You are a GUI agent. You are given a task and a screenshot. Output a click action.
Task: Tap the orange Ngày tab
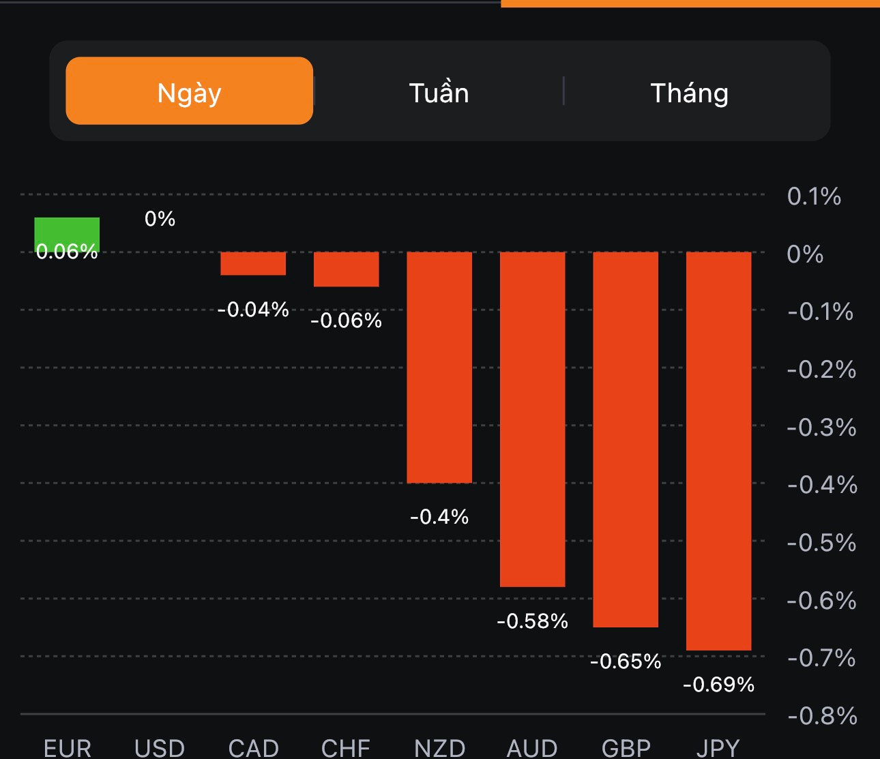(x=189, y=91)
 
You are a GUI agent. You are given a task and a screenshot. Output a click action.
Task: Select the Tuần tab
(x=439, y=93)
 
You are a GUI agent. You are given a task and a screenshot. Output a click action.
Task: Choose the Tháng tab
(x=689, y=93)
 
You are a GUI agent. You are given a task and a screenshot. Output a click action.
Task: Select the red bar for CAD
(x=253, y=264)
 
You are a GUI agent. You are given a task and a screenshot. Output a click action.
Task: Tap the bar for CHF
(x=346, y=269)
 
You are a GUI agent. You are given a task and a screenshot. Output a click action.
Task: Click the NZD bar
(x=439, y=367)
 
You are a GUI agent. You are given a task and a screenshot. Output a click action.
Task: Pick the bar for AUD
(x=532, y=419)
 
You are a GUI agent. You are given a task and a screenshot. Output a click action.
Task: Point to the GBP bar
(x=626, y=439)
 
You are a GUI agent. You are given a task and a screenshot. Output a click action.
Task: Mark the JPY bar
(x=718, y=451)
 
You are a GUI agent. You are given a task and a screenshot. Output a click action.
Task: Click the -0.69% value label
(x=718, y=684)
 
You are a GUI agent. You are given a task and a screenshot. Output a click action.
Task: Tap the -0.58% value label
(x=532, y=621)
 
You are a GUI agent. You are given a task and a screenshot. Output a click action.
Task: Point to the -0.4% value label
(x=439, y=516)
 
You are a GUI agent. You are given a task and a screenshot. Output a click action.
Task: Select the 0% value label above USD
(x=160, y=218)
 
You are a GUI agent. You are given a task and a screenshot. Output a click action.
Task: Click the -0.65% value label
(x=626, y=661)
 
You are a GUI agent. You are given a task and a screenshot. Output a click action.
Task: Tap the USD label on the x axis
(x=160, y=748)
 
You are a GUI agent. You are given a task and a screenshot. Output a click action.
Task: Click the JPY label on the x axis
(x=718, y=748)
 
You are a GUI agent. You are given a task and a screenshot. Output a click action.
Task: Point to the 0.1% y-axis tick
(x=814, y=196)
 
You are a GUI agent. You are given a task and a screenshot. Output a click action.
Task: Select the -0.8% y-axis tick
(x=822, y=715)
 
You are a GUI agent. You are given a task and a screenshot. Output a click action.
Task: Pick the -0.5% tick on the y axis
(x=821, y=542)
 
